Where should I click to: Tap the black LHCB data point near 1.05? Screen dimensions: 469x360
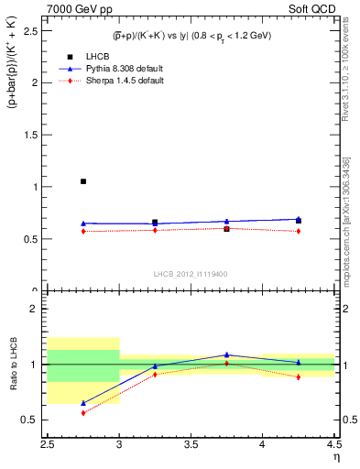(x=83, y=181)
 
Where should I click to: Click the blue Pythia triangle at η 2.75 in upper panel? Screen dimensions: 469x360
(x=83, y=224)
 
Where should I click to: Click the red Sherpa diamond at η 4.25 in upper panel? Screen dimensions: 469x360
(x=299, y=231)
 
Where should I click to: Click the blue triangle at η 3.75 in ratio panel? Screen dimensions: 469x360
(x=227, y=354)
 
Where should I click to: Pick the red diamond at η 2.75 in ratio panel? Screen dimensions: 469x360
(x=83, y=413)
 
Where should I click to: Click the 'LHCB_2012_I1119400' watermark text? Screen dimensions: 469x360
(x=191, y=274)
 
